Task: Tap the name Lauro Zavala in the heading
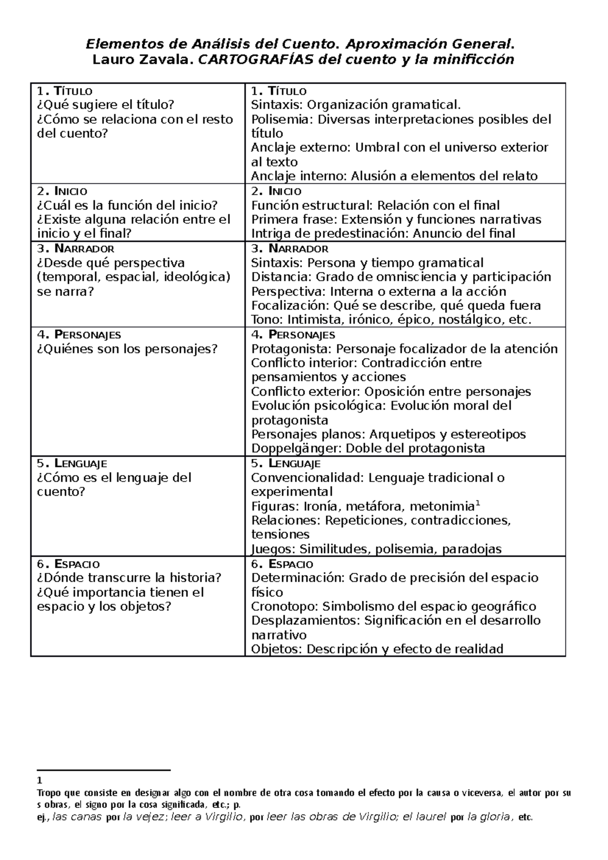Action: pyautogui.click(x=142, y=60)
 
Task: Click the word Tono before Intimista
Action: pyautogui.click(x=267, y=320)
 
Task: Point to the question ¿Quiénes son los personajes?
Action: pyautogui.click(x=127, y=349)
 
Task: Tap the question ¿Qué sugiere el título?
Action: pyautogui.click(x=106, y=105)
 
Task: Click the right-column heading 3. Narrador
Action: pyautogui.click(x=290, y=249)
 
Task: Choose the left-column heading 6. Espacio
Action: pyautogui.click(x=68, y=564)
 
